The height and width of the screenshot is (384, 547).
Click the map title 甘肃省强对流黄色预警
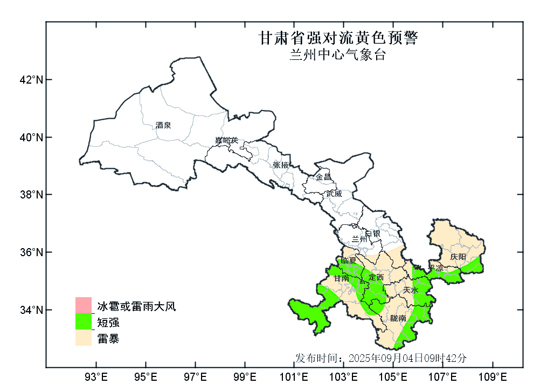(338, 38)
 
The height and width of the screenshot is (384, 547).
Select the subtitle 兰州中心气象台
(338, 55)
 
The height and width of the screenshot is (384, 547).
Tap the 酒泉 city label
(163, 125)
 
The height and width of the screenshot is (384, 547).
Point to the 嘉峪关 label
(226, 141)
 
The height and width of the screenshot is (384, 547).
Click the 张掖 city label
(281, 164)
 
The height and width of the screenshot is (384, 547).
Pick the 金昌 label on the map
(323, 177)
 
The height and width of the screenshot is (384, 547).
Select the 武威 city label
(334, 193)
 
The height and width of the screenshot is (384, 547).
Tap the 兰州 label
(359, 238)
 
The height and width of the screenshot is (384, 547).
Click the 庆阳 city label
(458, 257)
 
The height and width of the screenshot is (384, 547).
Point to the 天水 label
(411, 290)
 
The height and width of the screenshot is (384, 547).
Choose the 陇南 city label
(398, 318)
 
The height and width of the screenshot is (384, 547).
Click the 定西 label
(376, 277)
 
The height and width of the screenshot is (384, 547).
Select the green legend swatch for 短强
(83, 321)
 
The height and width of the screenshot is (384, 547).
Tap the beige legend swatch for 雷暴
(83, 338)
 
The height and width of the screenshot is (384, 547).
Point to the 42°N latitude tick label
(31, 80)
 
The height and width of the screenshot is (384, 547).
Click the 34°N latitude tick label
(31, 310)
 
